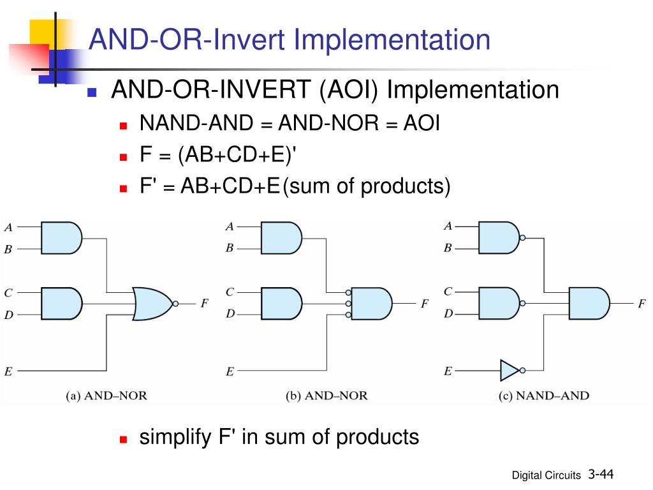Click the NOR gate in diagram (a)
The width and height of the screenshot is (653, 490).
click(152, 304)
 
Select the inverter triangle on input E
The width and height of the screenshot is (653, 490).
click(510, 370)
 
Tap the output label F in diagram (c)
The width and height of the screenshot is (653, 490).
click(642, 303)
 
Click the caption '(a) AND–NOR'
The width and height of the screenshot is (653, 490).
click(106, 396)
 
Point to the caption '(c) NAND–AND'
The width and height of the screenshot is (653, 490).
click(544, 396)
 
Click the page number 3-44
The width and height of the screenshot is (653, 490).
click(601, 474)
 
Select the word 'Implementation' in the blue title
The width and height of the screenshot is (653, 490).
click(392, 40)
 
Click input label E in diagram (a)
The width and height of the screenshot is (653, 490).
click(8, 371)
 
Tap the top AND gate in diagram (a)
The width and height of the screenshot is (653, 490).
click(62, 238)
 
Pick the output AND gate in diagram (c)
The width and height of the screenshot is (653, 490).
click(589, 303)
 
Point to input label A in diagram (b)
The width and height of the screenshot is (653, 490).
click(230, 226)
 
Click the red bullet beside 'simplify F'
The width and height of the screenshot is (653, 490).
click(123, 439)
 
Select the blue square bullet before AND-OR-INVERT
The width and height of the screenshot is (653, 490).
click(92, 92)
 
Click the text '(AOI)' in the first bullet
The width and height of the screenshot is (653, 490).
click(349, 90)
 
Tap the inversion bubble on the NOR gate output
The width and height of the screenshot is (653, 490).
click(175, 304)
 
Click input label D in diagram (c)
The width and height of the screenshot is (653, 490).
click(448, 313)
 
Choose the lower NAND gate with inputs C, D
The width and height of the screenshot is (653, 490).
click(499, 303)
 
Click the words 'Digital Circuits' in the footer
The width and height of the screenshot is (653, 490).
click(546, 475)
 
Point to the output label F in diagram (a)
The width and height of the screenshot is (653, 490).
click(204, 303)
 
